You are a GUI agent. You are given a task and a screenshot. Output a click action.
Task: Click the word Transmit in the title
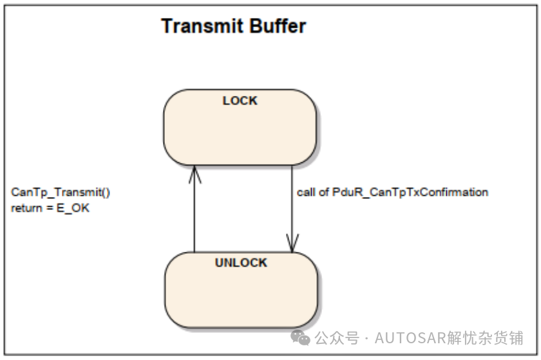pyautogui.click(x=202, y=26)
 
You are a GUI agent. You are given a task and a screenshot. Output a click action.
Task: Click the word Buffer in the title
pyautogui.click(x=278, y=26)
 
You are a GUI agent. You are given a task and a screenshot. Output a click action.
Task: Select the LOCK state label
pyautogui.click(x=240, y=100)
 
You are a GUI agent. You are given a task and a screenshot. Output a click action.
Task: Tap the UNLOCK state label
pyautogui.click(x=241, y=263)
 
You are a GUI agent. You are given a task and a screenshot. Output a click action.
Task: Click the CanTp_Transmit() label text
pyautogui.click(x=61, y=193)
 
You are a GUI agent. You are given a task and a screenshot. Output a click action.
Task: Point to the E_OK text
pyautogui.click(x=73, y=208)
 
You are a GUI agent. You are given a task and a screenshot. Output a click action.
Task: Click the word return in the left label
pyautogui.click(x=26, y=208)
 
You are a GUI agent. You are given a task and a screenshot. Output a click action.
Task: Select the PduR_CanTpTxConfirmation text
pyautogui.click(x=410, y=193)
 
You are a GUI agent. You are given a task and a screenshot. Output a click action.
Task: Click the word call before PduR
pyautogui.click(x=306, y=193)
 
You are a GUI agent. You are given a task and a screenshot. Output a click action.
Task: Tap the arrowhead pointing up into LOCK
pyautogui.click(x=195, y=174)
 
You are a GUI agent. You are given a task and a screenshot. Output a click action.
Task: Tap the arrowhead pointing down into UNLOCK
pyautogui.click(x=292, y=243)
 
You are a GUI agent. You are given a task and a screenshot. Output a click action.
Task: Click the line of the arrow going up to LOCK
pyautogui.click(x=195, y=209)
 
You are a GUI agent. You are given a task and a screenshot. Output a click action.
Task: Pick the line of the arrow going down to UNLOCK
pyautogui.click(x=292, y=209)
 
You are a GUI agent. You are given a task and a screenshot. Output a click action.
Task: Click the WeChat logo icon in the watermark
pyautogui.click(x=300, y=337)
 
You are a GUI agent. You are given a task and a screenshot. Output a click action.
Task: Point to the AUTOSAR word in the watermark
pyautogui.click(x=410, y=338)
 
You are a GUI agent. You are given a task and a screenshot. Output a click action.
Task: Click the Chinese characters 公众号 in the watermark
pyautogui.click(x=337, y=338)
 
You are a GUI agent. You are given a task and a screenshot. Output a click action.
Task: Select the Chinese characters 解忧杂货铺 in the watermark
pyautogui.click(x=485, y=338)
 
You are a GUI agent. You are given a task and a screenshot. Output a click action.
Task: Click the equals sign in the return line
pyautogui.click(x=50, y=209)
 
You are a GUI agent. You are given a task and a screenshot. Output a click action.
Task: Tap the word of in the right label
pyautogui.click(x=323, y=193)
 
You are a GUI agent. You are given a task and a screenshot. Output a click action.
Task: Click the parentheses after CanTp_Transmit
pyautogui.click(x=106, y=193)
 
